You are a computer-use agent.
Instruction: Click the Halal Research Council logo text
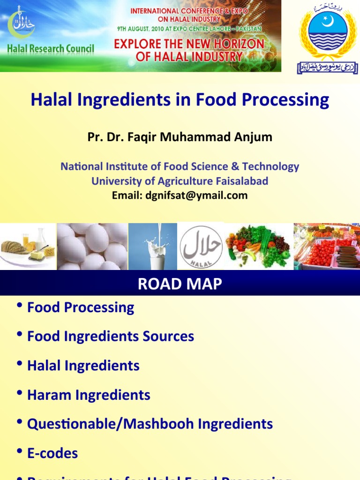click(51, 49)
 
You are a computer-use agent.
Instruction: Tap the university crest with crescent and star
click(328, 32)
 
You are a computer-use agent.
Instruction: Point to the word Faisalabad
click(239, 181)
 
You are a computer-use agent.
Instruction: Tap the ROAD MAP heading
click(180, 284)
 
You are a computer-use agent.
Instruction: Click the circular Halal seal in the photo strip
click(201, 247)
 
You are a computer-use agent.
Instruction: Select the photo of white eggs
click(92, 247)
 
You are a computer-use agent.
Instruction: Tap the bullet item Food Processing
click(81, 307)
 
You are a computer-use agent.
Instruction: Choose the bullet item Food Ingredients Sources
click(111, 337)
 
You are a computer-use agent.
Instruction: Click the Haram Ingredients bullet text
click(89, 395)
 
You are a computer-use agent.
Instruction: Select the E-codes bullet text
click(52, 453)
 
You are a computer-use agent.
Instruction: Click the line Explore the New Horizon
click(189, 44)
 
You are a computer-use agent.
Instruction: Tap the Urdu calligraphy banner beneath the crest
click(327, 68)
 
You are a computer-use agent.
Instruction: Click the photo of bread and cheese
click(28, 247)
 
